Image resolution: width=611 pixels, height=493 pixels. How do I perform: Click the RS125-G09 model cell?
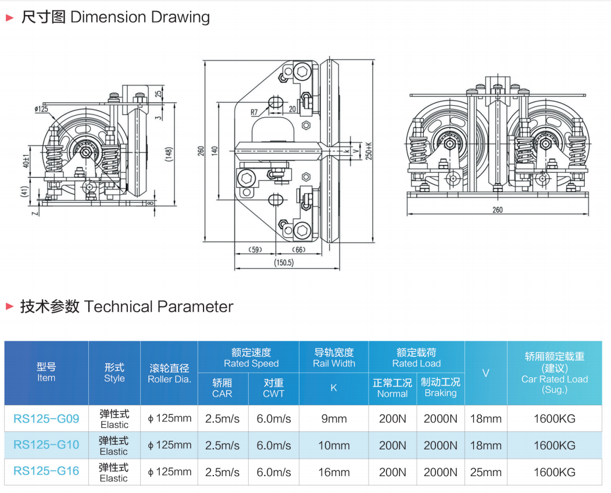47,419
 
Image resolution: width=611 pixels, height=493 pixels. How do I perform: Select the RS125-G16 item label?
47,471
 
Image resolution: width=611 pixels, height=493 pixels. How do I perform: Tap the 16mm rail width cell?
334,472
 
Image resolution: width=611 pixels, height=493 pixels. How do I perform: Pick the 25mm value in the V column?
485,472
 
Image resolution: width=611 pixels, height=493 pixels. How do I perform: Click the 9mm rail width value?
334,419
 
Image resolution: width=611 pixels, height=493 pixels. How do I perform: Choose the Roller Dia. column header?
169,374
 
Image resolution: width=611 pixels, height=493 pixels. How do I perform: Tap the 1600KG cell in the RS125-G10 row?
555,445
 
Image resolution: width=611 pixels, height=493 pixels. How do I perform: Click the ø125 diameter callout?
41,109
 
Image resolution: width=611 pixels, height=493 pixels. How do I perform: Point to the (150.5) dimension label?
284,263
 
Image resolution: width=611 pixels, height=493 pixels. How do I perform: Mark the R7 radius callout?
254,112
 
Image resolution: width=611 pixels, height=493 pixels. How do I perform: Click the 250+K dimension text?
369,151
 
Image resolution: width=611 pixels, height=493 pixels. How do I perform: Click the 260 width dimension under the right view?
498,210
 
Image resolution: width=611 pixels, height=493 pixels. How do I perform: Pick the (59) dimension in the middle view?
255,250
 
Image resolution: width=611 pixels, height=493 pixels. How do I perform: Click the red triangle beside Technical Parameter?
10,307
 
